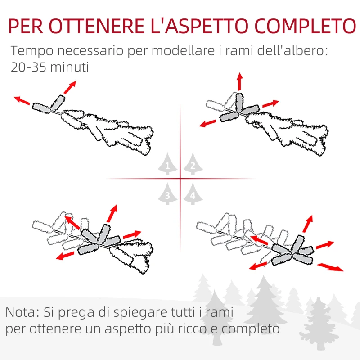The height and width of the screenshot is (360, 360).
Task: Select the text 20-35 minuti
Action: [x=49, y=67]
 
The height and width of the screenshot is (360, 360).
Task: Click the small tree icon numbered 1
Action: [x=168, y=166]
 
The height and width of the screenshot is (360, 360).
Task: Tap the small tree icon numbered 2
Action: [x=193, y=166]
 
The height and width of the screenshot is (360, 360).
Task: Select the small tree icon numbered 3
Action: [x=168, y=194]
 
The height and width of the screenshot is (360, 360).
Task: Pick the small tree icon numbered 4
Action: [x=193, y=195]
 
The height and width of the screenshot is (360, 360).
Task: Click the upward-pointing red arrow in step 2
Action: [x=239, y=81]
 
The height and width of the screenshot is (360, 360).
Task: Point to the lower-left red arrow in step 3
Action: [x=65, y=255]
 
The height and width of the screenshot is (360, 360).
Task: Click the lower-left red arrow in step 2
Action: [x=209, y=123]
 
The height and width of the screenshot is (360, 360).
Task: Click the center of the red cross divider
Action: [x=180, y=179]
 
